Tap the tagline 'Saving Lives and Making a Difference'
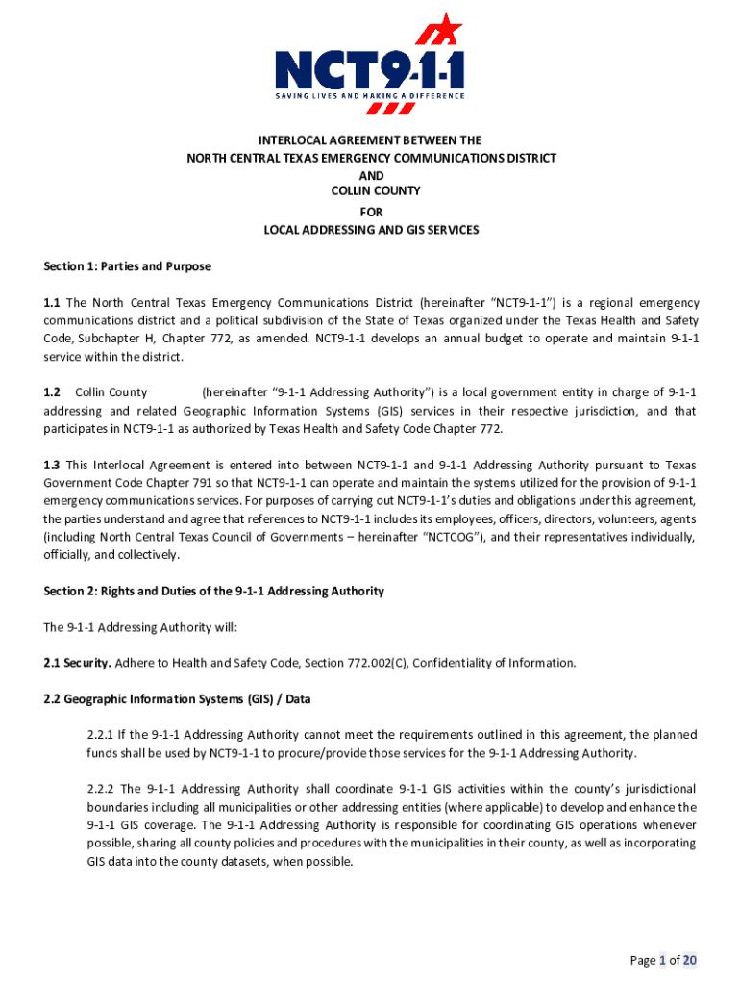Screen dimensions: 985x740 (370, 96)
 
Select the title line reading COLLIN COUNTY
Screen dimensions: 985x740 (371, 193)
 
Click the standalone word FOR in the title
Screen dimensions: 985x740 (371, 212)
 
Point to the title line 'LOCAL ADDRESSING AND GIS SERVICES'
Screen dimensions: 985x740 (371, 230)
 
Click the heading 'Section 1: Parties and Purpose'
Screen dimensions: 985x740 (127, 266)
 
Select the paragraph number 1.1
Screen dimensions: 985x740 (52, 303)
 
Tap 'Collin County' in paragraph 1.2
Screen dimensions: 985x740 (111, 392)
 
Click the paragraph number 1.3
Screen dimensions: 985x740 (52, 465)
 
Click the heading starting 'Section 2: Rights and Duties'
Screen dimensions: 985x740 (213, 592)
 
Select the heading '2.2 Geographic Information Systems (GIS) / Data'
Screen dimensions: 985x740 (177, 699)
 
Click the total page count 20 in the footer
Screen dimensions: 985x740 (690, 960)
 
